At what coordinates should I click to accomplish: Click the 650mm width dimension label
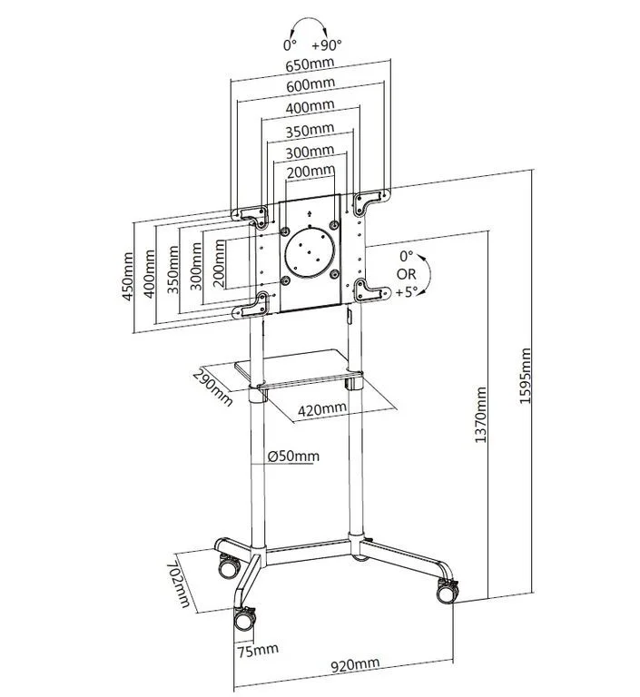pyautogui.click(x=310, y=66)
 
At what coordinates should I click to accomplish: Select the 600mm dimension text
pyautogui.click(x=310, y=87)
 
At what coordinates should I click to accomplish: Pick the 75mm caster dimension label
pyautogui.click(x=258, y=650)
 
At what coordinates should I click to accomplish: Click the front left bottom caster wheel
pyautogui.click(x=245, y=621)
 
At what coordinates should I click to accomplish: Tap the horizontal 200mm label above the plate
pyautogui.click(x=310, y=171)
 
